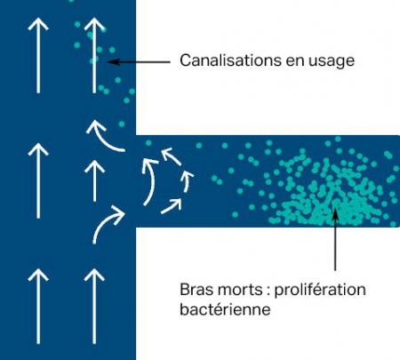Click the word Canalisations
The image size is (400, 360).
click(231, 60)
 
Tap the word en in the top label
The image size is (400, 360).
click(295, 61)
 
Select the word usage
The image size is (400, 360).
click(332, 62)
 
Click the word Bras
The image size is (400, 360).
click(196, 290)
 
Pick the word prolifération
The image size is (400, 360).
click(320, 291)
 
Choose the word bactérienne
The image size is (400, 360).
click(225, 310)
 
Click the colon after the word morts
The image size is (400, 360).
click(268, 292)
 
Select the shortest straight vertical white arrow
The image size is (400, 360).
click(94, 180)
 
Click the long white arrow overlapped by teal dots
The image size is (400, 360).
click(94, 55)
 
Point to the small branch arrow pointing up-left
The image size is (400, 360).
click(172, 156)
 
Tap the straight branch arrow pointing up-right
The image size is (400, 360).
click(172, 206)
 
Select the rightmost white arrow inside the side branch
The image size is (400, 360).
click(187, 180)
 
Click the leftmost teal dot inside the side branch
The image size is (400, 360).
click(148, 143)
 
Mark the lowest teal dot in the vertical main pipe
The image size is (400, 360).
click(122, 124)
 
